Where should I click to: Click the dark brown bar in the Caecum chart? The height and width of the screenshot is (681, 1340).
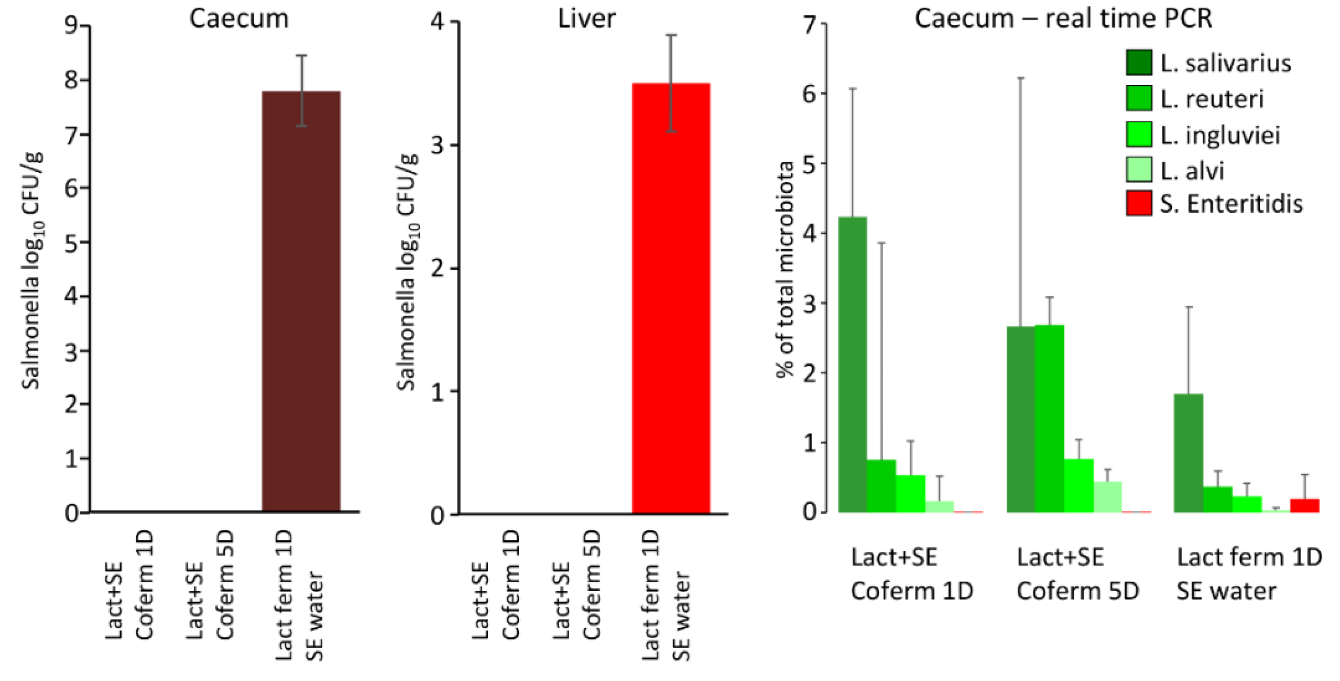[x=301, y=302]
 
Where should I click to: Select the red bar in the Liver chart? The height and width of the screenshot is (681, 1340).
[x=670, y=299]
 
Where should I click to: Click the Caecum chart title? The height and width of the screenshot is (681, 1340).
[x=239, y=19]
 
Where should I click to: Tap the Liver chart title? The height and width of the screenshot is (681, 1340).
[x=586, y=19]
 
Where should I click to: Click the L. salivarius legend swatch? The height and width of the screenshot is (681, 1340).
[x=1139, y=63]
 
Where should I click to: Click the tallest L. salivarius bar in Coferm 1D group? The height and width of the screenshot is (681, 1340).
[x=853, y=364]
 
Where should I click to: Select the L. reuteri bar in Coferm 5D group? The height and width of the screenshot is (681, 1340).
[x=1049, y=419]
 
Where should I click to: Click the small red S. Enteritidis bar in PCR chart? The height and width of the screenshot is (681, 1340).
[x=1304, y=505]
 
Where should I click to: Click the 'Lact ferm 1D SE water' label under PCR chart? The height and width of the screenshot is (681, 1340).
[x=1248, y=574]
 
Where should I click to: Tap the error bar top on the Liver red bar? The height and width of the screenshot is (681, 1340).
[x=671, y=35]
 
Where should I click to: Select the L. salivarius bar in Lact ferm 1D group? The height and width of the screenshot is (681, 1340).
[x=1189, y=453]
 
